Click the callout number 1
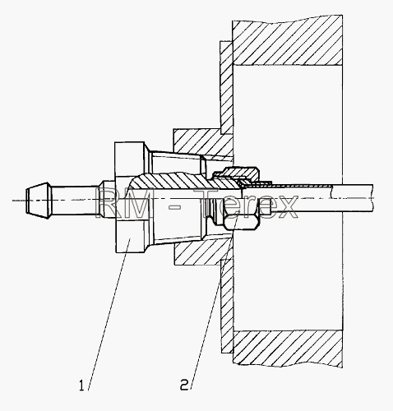tap(81, 385)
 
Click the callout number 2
tap(184, 385)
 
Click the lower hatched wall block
tap(288, 349)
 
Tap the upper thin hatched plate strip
tap(226, 88)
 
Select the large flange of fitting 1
tap(129, 196)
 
